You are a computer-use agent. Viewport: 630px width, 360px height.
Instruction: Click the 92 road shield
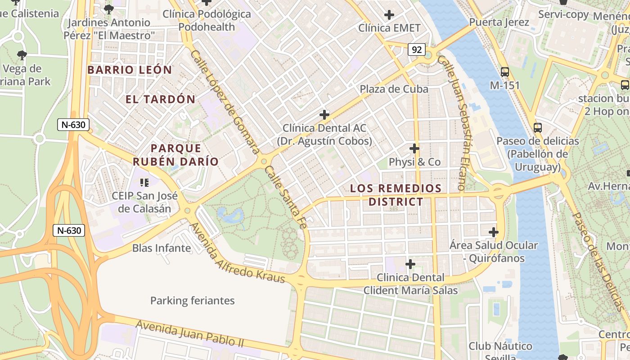(x=417, y=49)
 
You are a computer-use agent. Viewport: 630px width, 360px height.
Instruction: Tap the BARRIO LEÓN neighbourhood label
(x=130, y=70)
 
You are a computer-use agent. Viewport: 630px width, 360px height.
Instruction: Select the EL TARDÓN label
(x=160, y=99)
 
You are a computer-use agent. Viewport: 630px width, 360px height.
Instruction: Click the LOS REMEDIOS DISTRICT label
(x=396, y=195)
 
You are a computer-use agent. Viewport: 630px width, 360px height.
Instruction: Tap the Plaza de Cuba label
(x=394, y=89)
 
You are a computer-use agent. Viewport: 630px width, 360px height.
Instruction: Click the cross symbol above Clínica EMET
(x=389, y=15)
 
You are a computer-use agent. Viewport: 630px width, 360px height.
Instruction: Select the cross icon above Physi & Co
(x=414, y=148)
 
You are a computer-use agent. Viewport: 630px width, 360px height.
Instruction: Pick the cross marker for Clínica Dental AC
(x=324, y=114)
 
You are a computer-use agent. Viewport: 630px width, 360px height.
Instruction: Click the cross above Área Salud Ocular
(x=494, y=232)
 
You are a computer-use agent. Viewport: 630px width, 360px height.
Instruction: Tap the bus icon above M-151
(x=505, y=72)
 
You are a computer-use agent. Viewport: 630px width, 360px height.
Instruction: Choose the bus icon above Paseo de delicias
(x=537, y=127)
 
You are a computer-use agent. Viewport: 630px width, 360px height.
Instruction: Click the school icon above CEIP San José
(x=144, y=182)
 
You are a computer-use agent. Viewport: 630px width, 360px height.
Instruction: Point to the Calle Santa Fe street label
(x=285, y=198)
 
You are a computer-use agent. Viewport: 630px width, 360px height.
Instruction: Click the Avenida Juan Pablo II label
(x=189, y=333)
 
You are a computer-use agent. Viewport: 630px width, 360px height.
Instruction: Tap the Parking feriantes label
(x=192, y=301)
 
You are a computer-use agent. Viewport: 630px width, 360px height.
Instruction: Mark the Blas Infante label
(x=162, y=248)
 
